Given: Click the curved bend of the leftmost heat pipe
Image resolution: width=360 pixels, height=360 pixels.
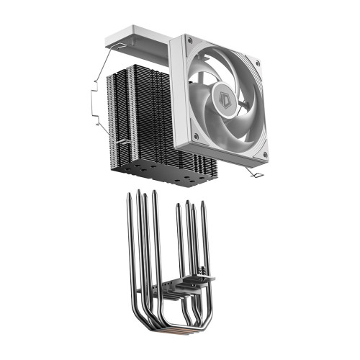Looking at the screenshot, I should [x=137, y=317].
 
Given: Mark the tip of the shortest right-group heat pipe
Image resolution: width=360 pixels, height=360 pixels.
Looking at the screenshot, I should [x=178, y=207].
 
